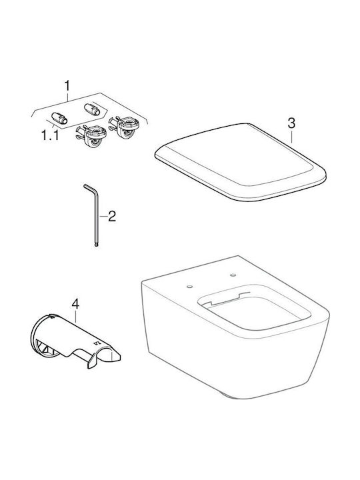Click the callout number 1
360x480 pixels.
coord(67,86)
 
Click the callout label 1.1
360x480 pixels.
coord(50,135)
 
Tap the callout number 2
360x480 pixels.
coord(112,217)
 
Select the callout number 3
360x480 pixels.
coord(291,123)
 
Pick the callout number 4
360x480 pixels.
coord(75,304)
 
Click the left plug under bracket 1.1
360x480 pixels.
coord(59,118)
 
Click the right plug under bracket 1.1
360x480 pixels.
coord(92,109)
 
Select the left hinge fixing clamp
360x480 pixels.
coord(91,135)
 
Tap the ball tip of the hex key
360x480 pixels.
coord(97,244)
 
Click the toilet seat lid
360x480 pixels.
coord(241,162)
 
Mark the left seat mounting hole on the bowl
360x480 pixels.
coord(189,287)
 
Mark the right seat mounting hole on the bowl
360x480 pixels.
coord(233,275)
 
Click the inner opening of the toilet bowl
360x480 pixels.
coord(255,310)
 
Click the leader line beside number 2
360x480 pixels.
coord(103,217)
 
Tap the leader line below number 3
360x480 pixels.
coord(291,137)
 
